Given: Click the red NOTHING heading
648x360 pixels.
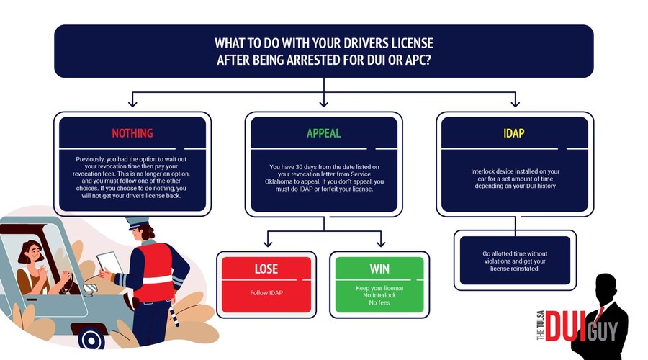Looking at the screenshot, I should click(132, 133).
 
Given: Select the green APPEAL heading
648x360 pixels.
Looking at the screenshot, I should click(323, 133).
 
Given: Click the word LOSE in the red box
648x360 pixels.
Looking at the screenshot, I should click(266, 269).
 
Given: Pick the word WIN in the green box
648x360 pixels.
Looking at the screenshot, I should click(379, 269).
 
